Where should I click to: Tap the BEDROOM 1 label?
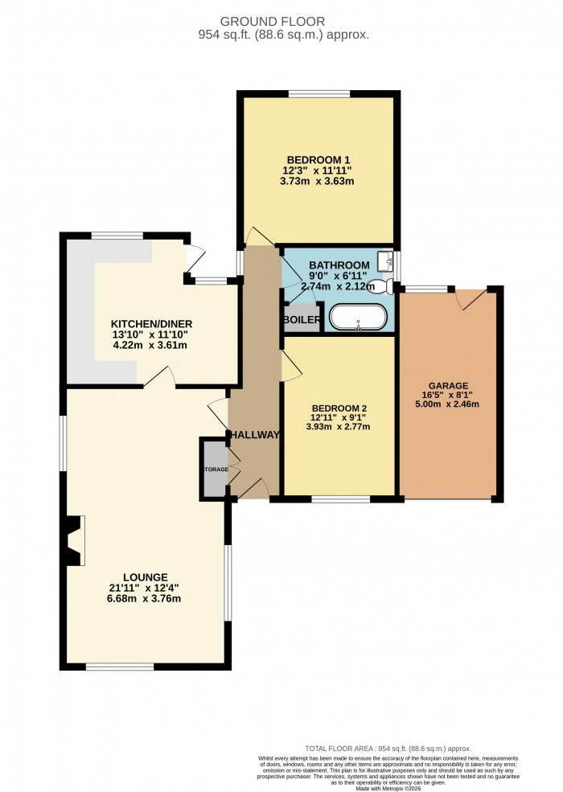[x=317, y=159]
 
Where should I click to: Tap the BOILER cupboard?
[x=302, y=318]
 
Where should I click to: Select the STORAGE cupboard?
[x=215, y=470]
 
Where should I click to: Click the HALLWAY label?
[x=254, y=435]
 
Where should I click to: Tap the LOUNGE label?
[x=146, y=577]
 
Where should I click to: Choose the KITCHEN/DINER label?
[x=152, y=324]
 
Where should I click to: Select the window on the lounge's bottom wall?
[x=120, y=666]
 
